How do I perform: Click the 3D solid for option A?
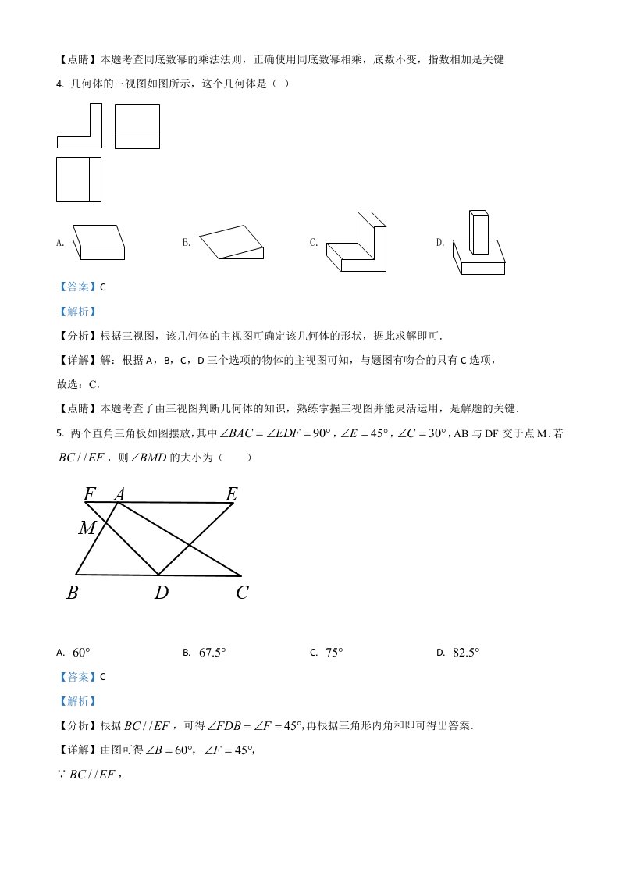98,242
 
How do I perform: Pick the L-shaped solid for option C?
357,244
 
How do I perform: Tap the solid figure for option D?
478,243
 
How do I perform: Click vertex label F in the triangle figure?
90,493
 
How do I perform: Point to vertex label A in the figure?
119,493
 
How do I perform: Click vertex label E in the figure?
231,493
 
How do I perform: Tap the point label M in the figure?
87,529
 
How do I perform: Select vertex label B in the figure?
73,593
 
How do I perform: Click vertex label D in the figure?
161,593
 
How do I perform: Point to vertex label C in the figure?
242,593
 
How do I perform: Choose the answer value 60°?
82,653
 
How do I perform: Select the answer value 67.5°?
212,653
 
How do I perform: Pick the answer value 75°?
335,653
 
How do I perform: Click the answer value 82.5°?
466,653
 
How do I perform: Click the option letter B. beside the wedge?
187,243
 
